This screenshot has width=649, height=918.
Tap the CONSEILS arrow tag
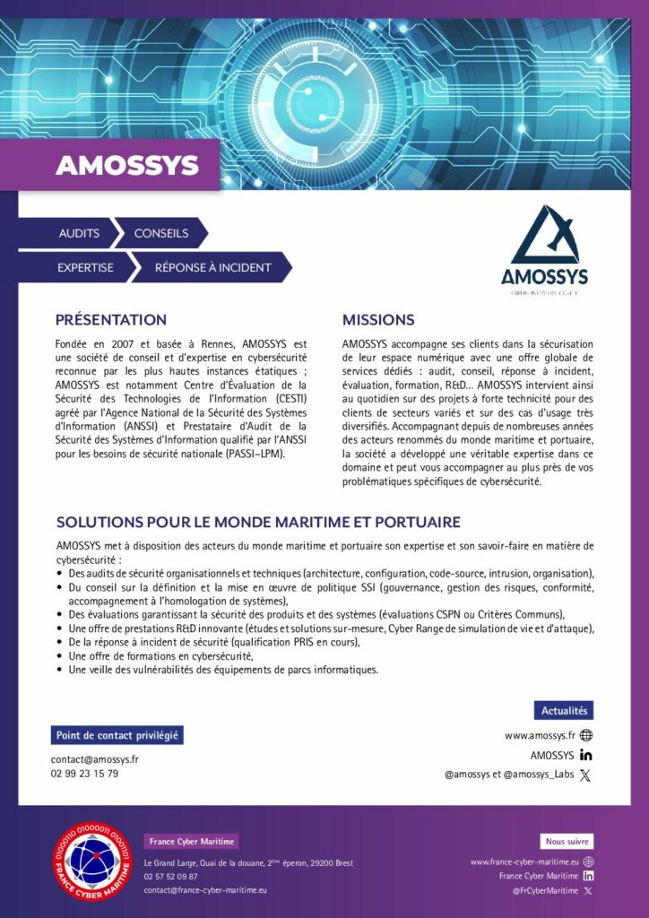click(x=160, y=233)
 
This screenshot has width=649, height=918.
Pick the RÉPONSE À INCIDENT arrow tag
click(x=212, y=267)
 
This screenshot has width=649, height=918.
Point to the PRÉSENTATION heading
click(x=111, y=320)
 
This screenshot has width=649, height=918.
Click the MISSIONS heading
click(x=378, y=320)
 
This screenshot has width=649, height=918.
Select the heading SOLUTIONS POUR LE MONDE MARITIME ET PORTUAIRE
click(x=258, y=522)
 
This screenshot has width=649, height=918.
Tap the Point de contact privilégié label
click(x=117, y=736)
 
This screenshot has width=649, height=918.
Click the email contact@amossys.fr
click(x=94, y=759)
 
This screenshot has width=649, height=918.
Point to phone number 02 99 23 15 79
click(x=84, y=774)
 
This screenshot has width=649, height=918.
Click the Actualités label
click(x=563, y=711)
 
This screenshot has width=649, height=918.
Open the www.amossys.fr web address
click(x=540, y=735)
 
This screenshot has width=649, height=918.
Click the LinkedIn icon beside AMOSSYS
click(x=586, y=755)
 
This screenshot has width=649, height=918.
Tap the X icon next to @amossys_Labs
click(x=586, y=775)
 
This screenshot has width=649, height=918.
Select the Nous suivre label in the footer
click(x=567, y=842)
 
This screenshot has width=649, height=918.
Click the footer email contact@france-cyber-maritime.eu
click(x=205, y=890)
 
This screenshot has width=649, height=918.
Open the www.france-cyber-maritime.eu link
click(x=524, y=862)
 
